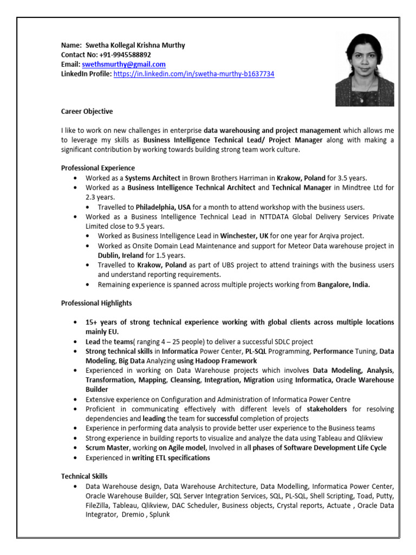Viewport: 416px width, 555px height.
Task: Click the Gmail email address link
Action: pos(123,64)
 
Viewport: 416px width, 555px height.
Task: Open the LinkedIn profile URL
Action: pos(194,74)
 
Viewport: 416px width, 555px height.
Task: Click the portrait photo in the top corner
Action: pos(364,69)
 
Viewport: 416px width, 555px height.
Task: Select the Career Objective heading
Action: pos(87,112)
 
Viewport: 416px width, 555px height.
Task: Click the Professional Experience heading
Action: pos(98,168)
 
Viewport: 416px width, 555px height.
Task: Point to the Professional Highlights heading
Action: pos(96,304)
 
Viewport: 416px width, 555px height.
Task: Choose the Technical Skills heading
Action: pos(84,476)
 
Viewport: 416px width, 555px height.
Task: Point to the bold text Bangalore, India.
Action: pos(343,285)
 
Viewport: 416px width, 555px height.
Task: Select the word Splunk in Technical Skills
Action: pos(160,514)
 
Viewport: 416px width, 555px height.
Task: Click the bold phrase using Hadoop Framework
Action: pos(217,360)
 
